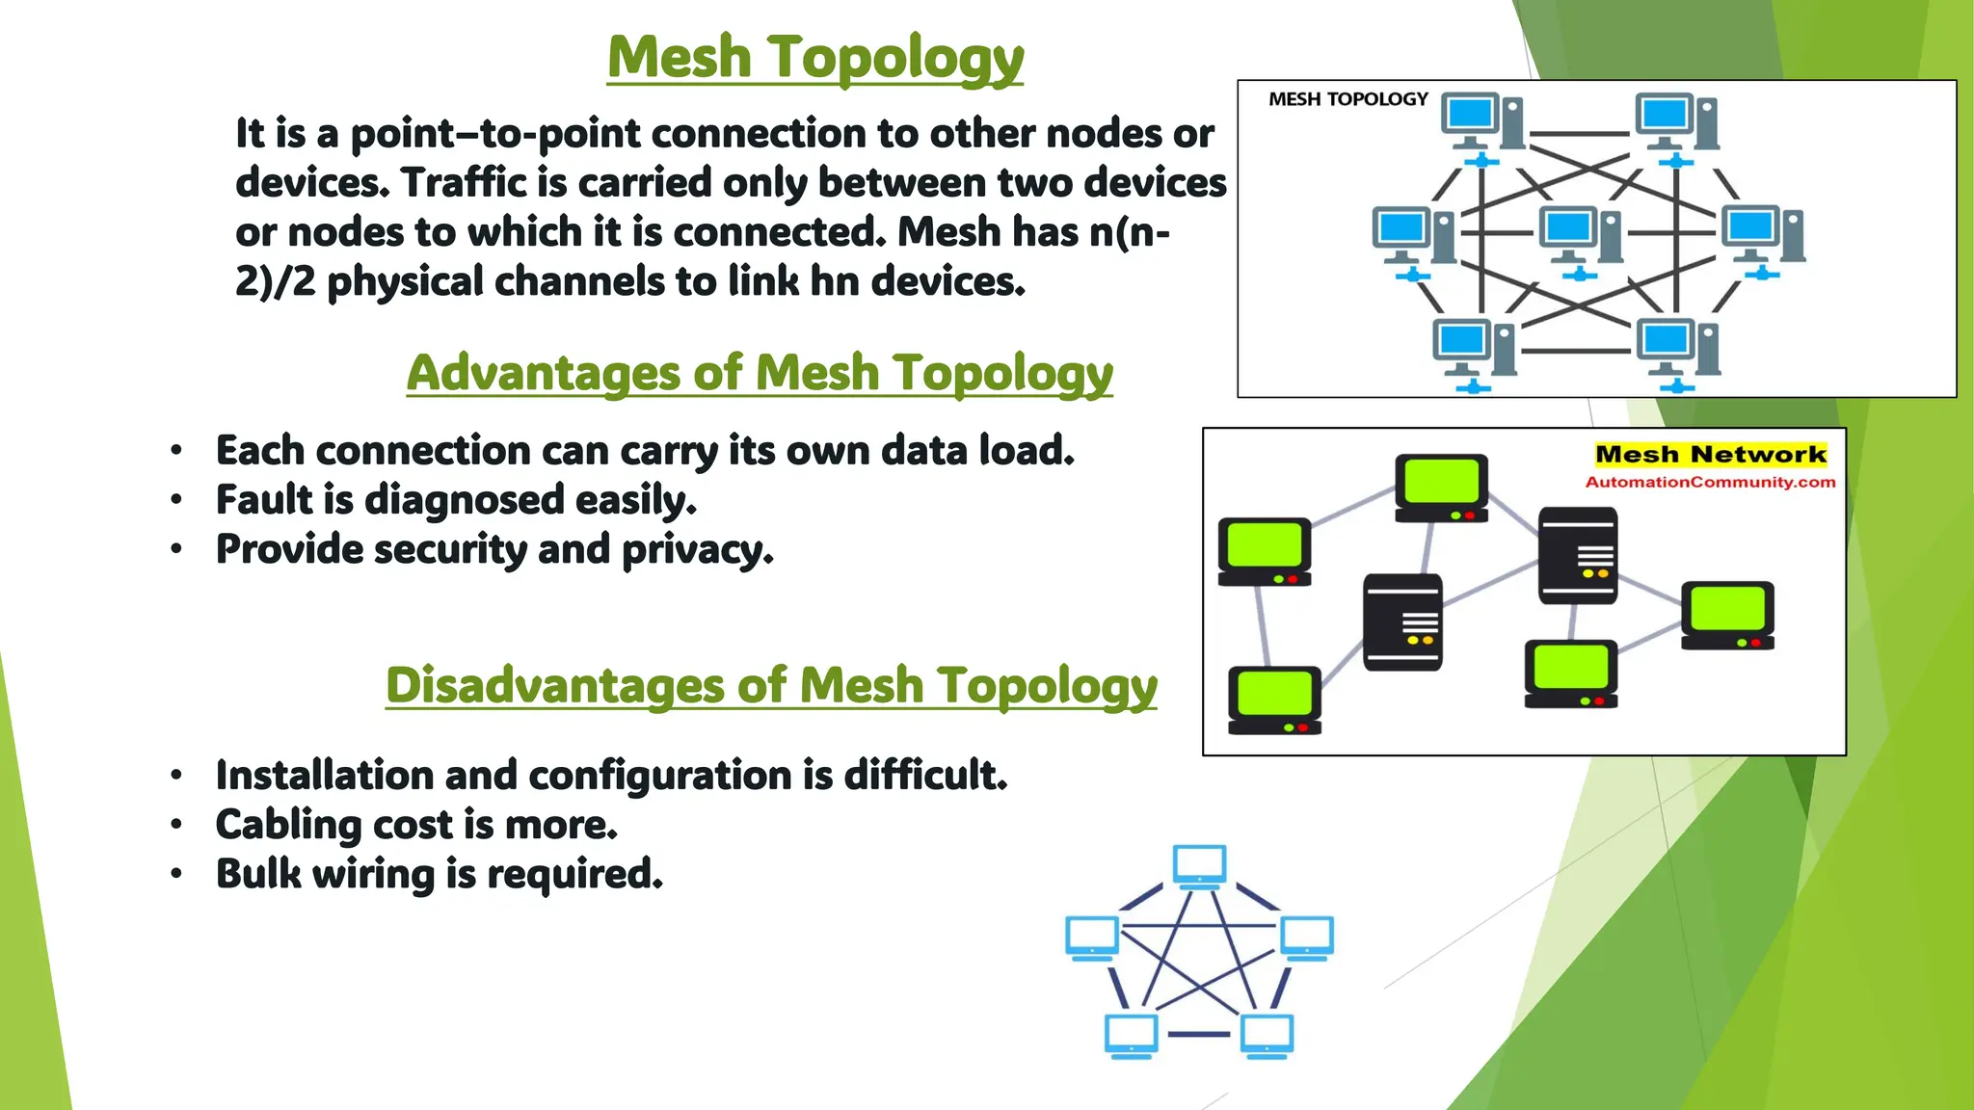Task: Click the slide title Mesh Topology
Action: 815,58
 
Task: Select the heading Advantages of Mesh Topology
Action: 760,373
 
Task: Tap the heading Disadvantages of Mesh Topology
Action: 771,685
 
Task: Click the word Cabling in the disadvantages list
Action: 287,826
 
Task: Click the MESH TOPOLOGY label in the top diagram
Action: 1347,99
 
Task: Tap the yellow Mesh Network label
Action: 1710,454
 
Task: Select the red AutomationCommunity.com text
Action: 1710,482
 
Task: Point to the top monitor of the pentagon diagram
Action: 1199,864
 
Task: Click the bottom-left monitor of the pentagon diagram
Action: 1131,1035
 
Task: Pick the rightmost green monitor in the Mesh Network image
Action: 1727,613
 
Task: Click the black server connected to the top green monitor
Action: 1402,621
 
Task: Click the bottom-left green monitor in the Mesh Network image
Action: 1273,699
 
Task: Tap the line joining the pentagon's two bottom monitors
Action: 1198,1034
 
